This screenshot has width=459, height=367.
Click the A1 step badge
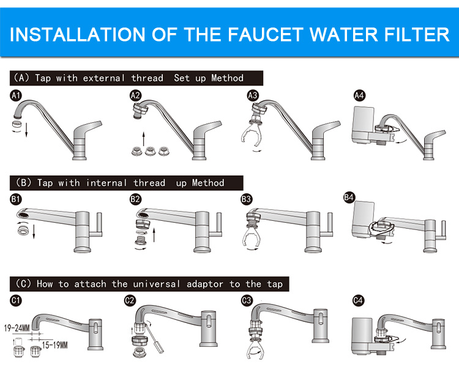[15, 95]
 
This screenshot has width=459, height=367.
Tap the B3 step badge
[246, 199]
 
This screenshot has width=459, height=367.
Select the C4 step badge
[358, 300]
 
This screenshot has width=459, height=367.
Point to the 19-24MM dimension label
[17, 328]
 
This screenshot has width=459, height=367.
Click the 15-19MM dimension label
[54, 346]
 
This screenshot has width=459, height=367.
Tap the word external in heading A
[104, 78]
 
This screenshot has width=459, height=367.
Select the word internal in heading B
[106, 183]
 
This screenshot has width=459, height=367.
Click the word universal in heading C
[157, 284]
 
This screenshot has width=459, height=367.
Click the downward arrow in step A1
[26, 130]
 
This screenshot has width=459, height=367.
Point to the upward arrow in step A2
[143, 139]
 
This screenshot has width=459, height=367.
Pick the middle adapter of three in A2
[149, 151]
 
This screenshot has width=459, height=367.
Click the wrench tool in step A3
[251, 134]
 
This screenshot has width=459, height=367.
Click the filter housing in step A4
[363, 125]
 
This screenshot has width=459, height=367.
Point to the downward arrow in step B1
[34, 231]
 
